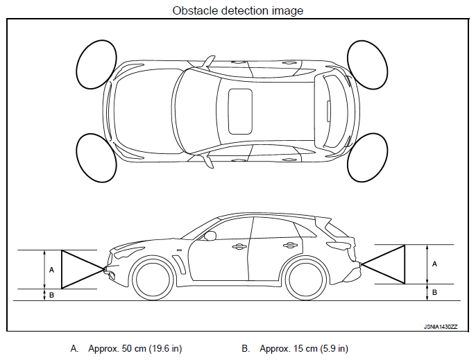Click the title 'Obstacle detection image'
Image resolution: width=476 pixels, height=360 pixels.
point(237,10)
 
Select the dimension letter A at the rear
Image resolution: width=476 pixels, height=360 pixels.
point(434,264)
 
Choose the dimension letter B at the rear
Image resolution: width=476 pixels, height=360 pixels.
point(434,292)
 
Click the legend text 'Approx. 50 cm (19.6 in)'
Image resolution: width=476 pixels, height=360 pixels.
point(135,348)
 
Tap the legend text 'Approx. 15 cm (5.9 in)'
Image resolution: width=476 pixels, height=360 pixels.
point(304,348)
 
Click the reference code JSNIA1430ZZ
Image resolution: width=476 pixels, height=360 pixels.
point(441,325)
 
